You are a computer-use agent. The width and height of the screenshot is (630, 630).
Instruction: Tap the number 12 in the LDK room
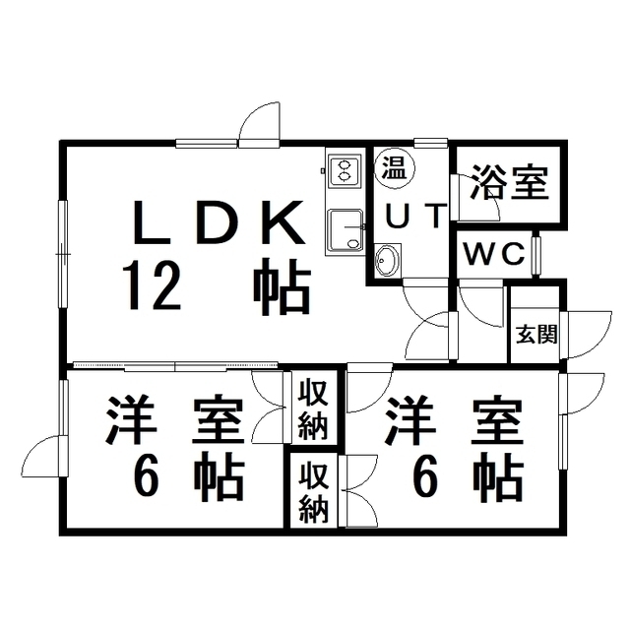click(x=152, y=286)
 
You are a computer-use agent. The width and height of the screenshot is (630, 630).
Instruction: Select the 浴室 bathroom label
click(x=508, y=183)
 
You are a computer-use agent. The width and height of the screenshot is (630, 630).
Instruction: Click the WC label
click(x=494, y=254)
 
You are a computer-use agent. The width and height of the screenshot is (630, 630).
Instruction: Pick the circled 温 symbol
click(x=395, y=165)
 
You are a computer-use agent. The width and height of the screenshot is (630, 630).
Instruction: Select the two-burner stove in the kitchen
click(x=345, y=171)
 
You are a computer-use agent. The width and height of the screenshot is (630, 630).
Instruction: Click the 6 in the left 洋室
click(x=148, y=478)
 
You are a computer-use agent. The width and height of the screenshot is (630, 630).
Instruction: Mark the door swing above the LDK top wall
click(x=258, y=124)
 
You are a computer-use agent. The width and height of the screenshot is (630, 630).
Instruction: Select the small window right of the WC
click(x=536, y=254)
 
